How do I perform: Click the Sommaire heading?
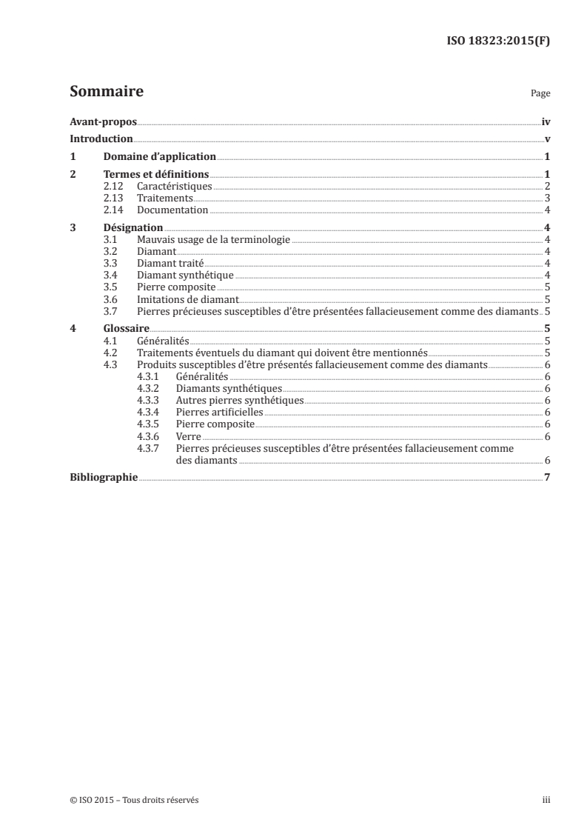coord(106,92)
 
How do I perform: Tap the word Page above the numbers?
coord(540,94)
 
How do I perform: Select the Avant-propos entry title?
coord(103,121)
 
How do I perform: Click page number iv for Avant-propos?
coord(546,121)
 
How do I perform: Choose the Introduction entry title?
coord(101,138)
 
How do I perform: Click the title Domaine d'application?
coord(159,156)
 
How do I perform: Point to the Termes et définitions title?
coord(155,174)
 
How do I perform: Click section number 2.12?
coord(113,186)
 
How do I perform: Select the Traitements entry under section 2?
coord(164,198)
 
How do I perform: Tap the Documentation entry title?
coord(172,210)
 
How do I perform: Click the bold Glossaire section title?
coord(127,328)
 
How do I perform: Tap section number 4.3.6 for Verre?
coord(150,436)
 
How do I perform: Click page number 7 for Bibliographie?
coord(546,477)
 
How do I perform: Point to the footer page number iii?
coord(546,800)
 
